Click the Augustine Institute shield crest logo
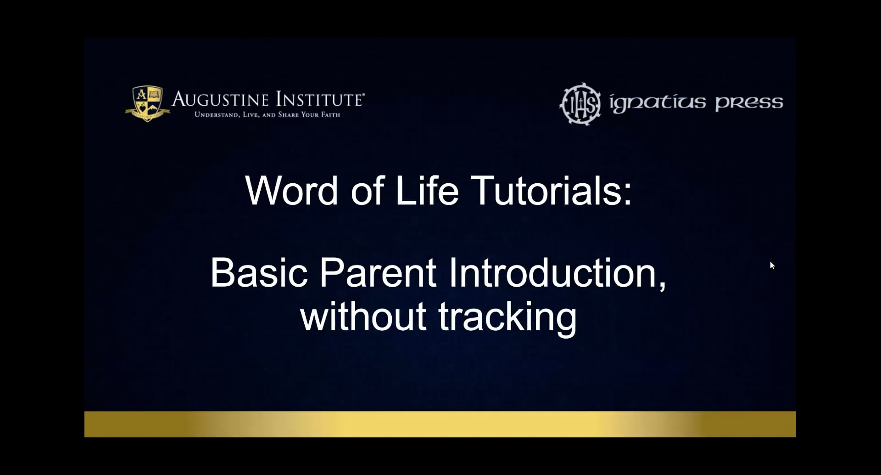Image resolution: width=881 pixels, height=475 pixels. pos(147,103)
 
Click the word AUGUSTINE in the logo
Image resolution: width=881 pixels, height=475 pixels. pos(220,100)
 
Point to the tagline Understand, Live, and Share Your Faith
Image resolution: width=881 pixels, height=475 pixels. pos(267,115)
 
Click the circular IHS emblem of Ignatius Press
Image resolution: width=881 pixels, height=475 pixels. pos(580,104)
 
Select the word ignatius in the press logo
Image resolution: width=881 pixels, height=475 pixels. pos(657,103)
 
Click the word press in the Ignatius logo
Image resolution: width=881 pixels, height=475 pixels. pos(749,103)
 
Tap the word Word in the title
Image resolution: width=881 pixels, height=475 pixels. pos(292,191)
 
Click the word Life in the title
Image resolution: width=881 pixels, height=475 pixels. pos(427,191)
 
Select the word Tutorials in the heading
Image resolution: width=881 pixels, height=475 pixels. pos(546,191)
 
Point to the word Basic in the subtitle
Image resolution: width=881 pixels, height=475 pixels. pos(259,273)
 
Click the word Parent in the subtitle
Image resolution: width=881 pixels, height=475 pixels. pos(377,273)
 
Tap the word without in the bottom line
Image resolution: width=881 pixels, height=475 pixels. pos(363,317)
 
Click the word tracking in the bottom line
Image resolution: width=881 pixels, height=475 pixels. pos(507,317)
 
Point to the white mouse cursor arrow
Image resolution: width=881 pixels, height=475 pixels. pos(772,265)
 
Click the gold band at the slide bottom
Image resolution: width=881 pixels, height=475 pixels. pos(440,424)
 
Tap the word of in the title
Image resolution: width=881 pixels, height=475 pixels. pos(368,191)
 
